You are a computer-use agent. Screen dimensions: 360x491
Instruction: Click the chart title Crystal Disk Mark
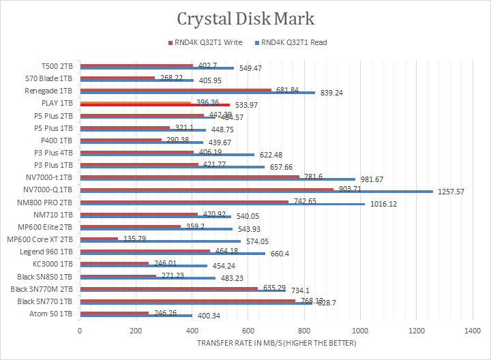[245, 18]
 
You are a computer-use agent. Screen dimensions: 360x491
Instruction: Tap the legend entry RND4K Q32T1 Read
[293, 42]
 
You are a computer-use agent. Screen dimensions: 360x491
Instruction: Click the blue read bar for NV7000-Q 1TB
[256, 192]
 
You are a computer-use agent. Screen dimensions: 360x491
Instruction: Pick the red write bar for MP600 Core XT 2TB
[99, 239]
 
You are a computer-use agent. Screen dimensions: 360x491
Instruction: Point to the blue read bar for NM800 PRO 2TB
[222, 204]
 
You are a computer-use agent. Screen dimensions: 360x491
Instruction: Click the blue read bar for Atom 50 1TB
[136, 316]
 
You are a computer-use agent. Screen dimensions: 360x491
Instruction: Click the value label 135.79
[134, 239]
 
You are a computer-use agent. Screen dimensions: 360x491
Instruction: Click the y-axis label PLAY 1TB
[61, 102]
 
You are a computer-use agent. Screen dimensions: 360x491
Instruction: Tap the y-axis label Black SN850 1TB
[46, 276]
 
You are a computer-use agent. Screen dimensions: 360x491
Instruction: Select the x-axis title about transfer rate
[276, 342]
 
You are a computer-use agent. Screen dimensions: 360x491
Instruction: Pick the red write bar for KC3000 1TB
[114, 263]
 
